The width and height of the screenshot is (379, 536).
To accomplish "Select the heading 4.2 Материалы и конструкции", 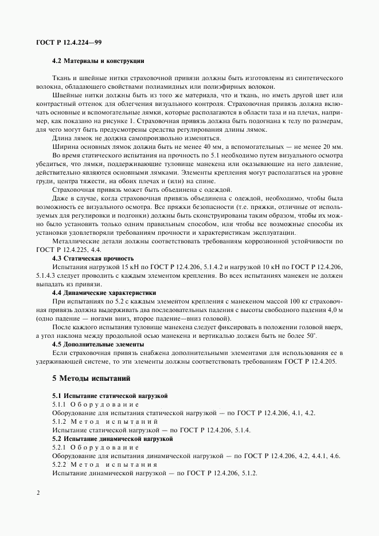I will click(x=97, y=60).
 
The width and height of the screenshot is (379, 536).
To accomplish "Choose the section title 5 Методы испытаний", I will click(x=92, y=379).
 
